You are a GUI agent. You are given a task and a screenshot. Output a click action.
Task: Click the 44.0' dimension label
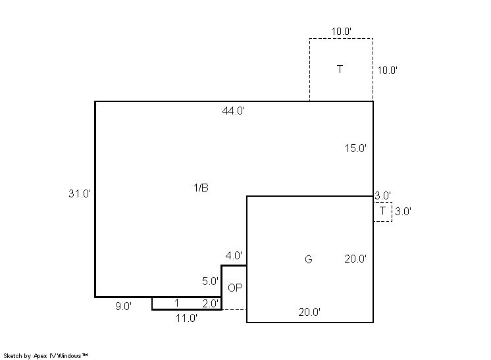[x=233, y=111]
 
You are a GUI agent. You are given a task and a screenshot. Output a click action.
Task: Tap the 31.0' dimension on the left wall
[x=80, y=193]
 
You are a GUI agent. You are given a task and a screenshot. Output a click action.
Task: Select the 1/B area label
[x=201, y=188]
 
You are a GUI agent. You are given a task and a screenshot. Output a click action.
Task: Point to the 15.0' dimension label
[x=355, y=148]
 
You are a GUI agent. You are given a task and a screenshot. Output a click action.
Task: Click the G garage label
[x=309, y=259]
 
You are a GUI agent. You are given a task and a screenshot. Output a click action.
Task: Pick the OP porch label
[x=235, y=288]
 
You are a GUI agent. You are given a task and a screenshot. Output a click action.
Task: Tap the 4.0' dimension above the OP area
[x=234, y=255]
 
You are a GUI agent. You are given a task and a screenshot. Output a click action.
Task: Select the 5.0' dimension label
[x=210, y=281]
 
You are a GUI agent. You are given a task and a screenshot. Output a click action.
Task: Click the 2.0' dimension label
[x=211, y=303]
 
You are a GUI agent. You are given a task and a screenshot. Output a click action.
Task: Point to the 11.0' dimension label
[x=186, y=318]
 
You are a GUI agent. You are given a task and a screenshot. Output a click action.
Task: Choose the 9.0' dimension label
[x=123, y=306]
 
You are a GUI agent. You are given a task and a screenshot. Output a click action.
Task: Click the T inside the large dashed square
[x=340, y=69]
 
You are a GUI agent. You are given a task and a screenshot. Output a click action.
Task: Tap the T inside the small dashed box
[x=382, y=211]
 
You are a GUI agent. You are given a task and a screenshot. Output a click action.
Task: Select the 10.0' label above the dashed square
[x=342, y=32]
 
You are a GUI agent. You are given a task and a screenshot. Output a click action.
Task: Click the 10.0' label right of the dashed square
[x=388, y=70]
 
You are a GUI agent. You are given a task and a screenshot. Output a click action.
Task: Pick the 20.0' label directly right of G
[x=355, y=259]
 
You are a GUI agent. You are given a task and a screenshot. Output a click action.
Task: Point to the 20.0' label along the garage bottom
[x=309, y=312]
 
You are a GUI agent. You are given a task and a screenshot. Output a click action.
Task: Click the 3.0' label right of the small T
[x=403, y=211]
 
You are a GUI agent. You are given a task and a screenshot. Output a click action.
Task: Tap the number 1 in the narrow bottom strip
[x=176, y=303]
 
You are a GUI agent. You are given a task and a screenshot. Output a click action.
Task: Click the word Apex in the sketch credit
[x=40, y=355]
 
